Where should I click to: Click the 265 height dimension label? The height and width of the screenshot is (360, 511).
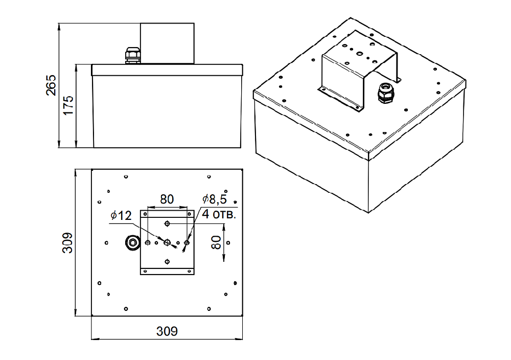point(51,85)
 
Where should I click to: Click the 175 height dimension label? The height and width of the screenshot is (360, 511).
point(68,105)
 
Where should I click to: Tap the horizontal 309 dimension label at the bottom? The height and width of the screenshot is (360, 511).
point(167,331)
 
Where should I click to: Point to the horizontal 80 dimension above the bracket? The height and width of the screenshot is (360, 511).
point(167,199)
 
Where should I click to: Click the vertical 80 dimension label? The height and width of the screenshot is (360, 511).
point(216,242)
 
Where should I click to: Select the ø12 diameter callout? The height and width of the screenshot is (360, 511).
point(121,216)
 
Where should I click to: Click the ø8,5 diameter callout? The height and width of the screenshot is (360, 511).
point(215,199)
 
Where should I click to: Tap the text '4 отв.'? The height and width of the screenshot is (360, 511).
point(219,214)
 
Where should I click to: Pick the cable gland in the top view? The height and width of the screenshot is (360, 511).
point(133,242)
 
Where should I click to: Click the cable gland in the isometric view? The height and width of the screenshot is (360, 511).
point(386,93)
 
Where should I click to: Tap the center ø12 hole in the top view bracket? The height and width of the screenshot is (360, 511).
point(167,242)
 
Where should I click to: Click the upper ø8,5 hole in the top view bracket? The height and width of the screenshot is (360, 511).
point(167,223)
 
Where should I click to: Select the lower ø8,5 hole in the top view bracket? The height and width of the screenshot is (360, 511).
point(167,261)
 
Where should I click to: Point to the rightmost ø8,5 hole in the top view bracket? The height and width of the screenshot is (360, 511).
point(187,242)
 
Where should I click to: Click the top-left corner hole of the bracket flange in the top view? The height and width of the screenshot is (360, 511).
point(145,214)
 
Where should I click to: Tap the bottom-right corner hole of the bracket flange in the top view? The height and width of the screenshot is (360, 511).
point(189,271)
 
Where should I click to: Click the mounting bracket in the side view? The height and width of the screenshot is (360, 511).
point(167,43)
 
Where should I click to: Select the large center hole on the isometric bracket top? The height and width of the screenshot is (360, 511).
point(359,54)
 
